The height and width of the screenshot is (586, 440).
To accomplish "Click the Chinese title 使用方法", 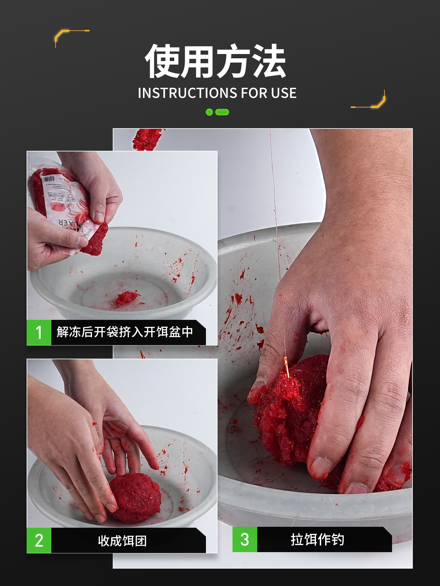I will point(215,61).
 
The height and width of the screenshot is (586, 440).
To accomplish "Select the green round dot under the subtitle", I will point(209,112).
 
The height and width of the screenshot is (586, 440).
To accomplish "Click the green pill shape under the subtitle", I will point(222,112).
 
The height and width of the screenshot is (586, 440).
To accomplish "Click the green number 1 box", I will point(39,332).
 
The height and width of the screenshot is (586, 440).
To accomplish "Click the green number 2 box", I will point(39,540).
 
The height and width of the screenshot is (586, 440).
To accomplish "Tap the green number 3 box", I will point(245,539).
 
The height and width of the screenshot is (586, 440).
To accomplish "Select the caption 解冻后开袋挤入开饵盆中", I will point(125,332).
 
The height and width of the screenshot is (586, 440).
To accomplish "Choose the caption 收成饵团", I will point(122,541).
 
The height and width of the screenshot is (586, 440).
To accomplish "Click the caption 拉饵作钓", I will point(317,539).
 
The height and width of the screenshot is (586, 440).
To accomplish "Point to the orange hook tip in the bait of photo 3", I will point(287,366).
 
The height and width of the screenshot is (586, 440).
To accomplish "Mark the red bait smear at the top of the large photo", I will point(147,139).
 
